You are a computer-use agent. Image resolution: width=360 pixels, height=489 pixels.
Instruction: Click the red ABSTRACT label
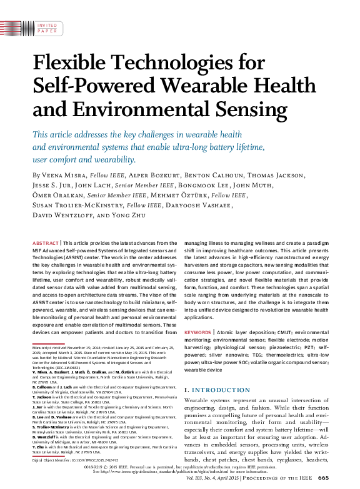[46, 242]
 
